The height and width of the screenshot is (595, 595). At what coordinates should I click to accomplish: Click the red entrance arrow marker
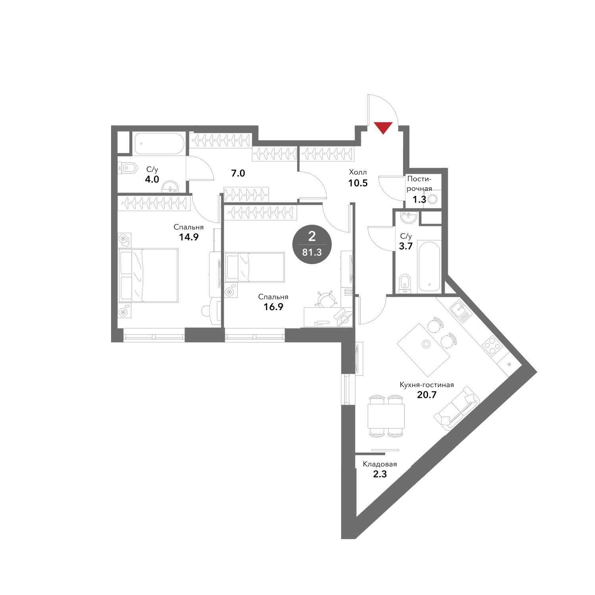point(384,128)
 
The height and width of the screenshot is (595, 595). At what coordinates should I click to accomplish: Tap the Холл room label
point(358,172)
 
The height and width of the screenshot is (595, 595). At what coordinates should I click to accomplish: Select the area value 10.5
point(358,183)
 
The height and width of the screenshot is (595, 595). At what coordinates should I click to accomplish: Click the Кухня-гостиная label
point(426,385)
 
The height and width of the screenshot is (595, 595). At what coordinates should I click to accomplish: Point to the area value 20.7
point(427,395)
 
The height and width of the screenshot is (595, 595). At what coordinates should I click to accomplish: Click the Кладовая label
point(380,464)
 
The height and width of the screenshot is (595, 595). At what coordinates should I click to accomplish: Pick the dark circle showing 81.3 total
point(312,244)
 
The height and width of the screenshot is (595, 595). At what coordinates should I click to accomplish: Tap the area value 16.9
point(273,307)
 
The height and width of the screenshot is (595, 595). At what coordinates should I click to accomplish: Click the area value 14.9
point(188,237)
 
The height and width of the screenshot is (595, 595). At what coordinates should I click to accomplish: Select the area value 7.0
point(238,173)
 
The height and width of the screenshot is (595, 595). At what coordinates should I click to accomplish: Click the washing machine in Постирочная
point(433,198)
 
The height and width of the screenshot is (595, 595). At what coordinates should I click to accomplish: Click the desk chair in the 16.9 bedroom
point(326,299)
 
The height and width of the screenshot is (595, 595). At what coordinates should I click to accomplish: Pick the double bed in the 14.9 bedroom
point(148,275)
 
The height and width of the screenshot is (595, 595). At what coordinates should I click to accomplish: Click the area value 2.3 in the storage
point(380,474)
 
